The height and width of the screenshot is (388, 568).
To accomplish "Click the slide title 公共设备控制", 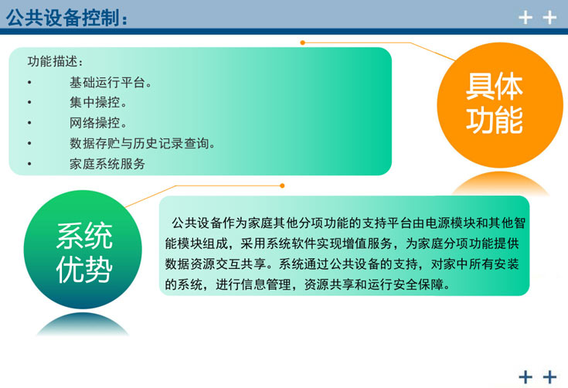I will click(66, 17).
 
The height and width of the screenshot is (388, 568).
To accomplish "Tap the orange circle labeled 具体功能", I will click(494, 104).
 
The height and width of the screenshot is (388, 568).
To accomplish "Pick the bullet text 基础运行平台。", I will click(111, 82).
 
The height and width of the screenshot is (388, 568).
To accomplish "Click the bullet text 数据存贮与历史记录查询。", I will click(142, 143).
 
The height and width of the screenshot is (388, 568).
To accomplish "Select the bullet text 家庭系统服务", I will click(107, 164).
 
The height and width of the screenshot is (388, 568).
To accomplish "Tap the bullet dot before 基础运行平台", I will click(29, 82).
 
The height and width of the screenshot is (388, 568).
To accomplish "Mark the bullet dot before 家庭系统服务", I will click(29, 164).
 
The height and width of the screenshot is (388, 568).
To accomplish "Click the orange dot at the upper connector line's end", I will click(303, 43).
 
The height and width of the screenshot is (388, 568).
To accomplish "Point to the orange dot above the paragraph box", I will click(281, 185).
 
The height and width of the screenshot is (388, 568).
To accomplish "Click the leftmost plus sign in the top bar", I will click(525, 18).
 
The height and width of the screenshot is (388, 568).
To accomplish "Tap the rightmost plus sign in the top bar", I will click(549, 18).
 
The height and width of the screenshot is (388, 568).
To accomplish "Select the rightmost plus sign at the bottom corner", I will click(549, 376).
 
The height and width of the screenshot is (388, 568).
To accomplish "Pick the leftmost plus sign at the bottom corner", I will click(525, 376).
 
